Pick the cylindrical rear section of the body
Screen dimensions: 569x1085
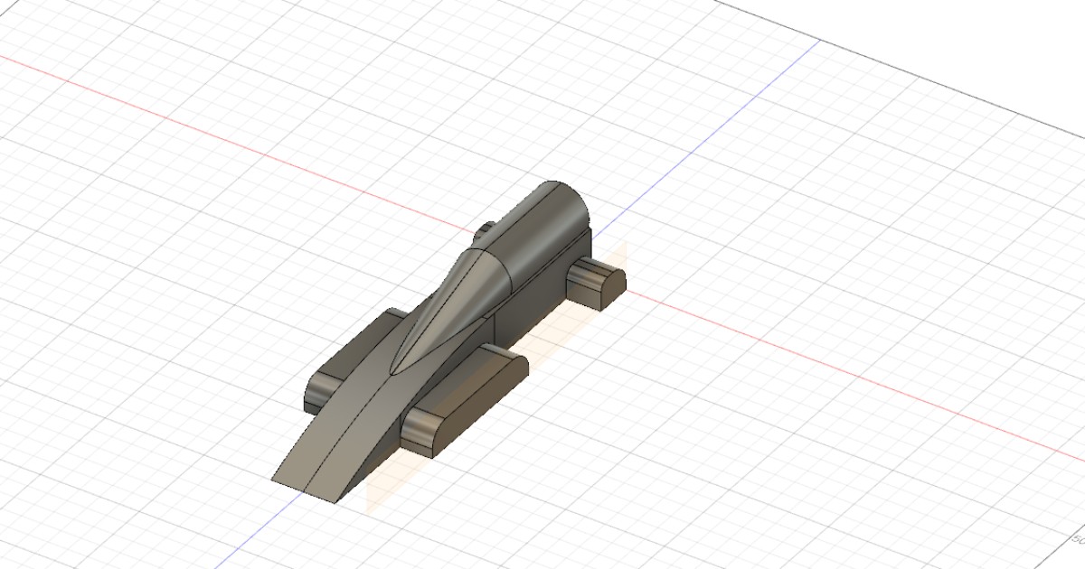(542, 235)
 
